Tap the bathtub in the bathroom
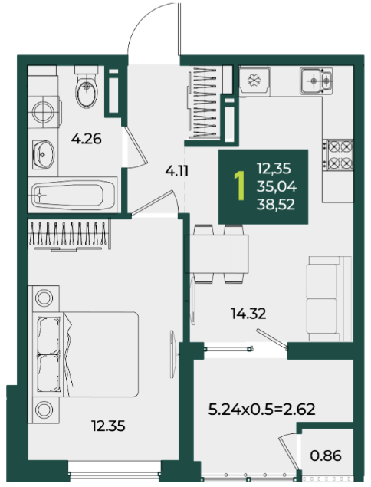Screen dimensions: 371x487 click(72, 195)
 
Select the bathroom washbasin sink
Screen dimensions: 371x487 click(43, 154)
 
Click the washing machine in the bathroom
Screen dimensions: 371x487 click(44, 112)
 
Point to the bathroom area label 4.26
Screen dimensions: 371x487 click(87, 139)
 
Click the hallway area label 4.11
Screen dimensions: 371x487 click(176, 171)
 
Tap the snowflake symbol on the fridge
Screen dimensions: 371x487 click(254, 81)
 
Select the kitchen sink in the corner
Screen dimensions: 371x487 click(316, 81)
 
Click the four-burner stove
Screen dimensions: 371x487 click(338, 155)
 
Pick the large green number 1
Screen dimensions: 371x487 click(239, 186)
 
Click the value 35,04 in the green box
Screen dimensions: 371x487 click(277, 186)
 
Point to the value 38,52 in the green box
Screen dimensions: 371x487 click(276, 205)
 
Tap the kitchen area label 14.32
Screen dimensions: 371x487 click(248, 314)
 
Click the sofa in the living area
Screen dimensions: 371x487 click(329, 299)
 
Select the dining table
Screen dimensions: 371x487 click(217, 254)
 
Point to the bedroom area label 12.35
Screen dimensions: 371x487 click(108, 426)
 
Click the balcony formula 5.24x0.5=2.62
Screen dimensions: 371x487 click(261, 409)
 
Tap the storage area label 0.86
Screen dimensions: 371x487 click(326, 456)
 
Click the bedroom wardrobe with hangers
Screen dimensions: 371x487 click(70, 235)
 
